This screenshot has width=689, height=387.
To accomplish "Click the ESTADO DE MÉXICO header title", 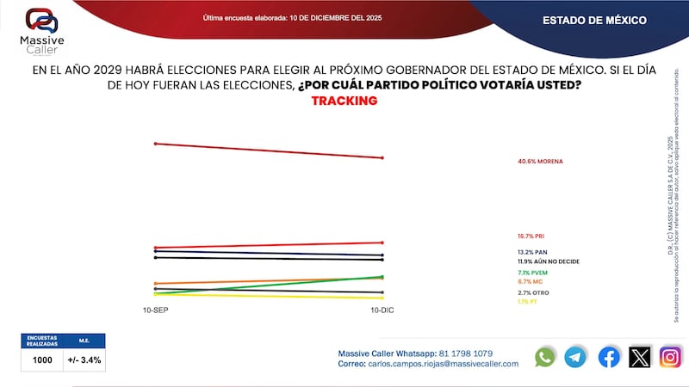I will point(593,20).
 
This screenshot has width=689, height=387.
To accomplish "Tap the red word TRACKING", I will point(344,101).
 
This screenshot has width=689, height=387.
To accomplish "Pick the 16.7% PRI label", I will point(531,235).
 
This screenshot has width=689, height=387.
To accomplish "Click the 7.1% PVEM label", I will point(534,273).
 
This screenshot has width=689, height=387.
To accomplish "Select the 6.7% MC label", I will point(531,281).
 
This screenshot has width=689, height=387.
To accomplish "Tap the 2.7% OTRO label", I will point(533,293).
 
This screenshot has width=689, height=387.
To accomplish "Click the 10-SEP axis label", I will point(155,310).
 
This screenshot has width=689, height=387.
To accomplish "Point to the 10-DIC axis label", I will point(382,310).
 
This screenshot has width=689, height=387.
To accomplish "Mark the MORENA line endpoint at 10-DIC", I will point(382,157).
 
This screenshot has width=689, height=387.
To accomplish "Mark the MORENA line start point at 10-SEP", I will point(155,144).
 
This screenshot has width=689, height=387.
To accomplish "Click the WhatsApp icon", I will point(545,357).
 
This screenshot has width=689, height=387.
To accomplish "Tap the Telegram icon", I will point(575,357).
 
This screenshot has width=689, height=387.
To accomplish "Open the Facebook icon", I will point(609,357).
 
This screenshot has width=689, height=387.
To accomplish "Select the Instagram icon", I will point(670,357).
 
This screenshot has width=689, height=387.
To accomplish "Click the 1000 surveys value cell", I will point(42,359).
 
